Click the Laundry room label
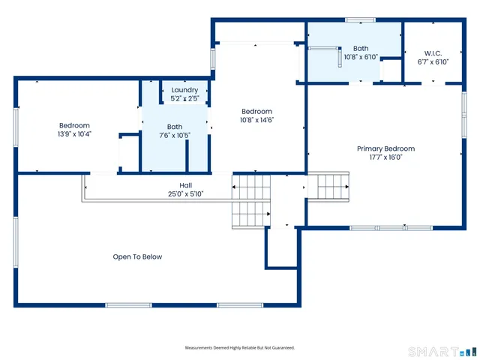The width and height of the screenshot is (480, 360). (184, 90)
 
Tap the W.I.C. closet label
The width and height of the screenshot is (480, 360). (433, 53)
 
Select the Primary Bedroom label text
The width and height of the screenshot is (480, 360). (385, 148)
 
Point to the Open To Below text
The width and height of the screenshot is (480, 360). (137, 256)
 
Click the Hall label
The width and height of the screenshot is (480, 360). (186, 185)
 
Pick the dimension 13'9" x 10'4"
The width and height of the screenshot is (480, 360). (74, 134)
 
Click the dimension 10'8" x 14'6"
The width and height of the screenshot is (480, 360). (256, 120)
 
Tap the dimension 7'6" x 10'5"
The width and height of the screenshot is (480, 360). (175, 135)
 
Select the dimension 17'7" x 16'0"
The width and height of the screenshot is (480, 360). (385, 157)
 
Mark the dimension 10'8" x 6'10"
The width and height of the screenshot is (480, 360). (361, 57)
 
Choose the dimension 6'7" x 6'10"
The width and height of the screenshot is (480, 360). (433, 61)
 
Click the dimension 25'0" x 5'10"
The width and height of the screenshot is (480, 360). (186, 193)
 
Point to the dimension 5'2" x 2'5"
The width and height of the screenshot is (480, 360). (184, 98)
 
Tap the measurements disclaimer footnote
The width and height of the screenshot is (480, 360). (240, 348)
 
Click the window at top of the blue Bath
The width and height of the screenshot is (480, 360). (360, 20)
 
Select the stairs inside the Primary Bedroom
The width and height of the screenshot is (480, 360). (328, 187)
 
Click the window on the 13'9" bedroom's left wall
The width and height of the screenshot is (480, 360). (16, 126)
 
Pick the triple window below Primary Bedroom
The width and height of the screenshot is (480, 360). (391, 228)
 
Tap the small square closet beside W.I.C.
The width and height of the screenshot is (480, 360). (391, 70)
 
